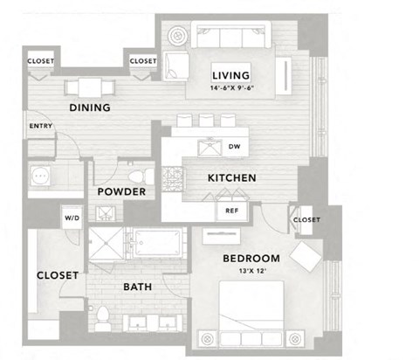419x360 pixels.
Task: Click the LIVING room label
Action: coord(230,74)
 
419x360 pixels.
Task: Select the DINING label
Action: coord(90,108)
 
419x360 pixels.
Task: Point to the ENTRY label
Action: coord(40,126)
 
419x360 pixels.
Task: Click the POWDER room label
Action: coord(120,192)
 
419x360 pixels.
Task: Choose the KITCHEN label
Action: coord(231,178)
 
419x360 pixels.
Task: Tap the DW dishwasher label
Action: coord(234,147)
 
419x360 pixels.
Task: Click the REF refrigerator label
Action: coord(232,211)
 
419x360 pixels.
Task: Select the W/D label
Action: coord(71,218)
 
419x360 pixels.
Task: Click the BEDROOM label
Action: coord(251,259)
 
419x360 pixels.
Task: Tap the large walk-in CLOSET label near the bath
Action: coord(58,275)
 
